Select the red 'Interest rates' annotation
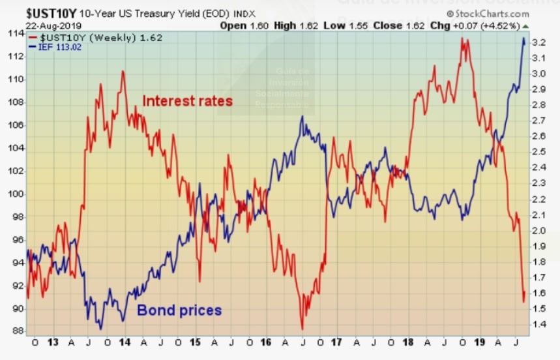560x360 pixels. pyautogui.click(x=187, y=101)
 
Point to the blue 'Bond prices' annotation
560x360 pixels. pyautogui.click(x=179, y=310)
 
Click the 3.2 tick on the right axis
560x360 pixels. pyautogui.click(x=538, y=42)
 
